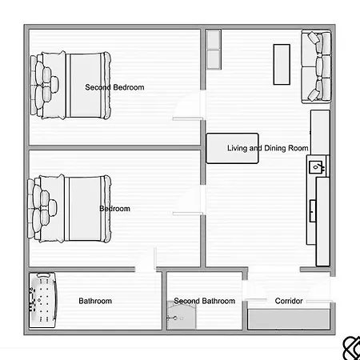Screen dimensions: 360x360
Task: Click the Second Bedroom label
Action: click(114, 87)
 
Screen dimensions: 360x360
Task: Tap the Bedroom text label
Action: click(114, 209)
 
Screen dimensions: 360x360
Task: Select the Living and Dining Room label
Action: click(268, 148)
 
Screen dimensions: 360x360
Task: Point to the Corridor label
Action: click(289, 301)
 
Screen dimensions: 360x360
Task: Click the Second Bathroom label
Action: click(205, 301)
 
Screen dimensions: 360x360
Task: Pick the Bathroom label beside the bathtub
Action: click(95, 301)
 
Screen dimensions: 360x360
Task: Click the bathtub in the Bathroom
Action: click(42, 300)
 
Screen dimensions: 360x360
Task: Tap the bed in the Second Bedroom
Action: click(70, 85)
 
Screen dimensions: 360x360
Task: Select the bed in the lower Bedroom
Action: click(70, 209)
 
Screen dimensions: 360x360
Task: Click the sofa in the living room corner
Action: click(316, 66)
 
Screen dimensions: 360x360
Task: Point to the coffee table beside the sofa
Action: click(282, 65)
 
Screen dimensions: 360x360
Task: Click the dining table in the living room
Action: click(232, 148)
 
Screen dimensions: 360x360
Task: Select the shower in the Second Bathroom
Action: click(181, 315)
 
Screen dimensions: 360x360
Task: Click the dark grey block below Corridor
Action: click(289, 319)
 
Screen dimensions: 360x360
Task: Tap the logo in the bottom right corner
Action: click(351, 348)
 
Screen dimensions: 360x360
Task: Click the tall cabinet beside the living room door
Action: click(214, 50)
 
